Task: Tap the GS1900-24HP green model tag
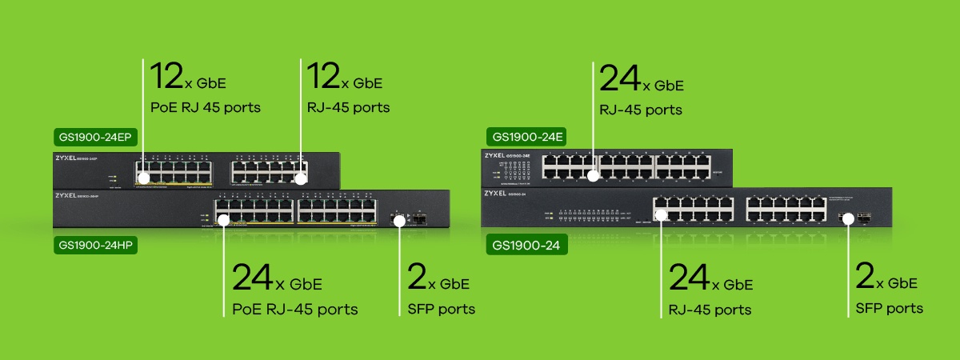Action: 96,246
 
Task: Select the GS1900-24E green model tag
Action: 526,138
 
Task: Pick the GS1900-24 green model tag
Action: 526,246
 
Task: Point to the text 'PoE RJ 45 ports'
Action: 206,106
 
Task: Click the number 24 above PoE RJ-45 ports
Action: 252,278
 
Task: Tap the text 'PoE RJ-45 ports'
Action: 294,309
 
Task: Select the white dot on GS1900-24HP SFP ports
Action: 400,219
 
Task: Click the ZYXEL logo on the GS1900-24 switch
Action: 496,193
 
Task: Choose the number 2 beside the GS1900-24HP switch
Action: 414,278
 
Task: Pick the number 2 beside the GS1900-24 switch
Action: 864,277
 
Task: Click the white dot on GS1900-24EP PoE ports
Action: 143,178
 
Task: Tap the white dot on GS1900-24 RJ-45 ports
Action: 661,214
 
